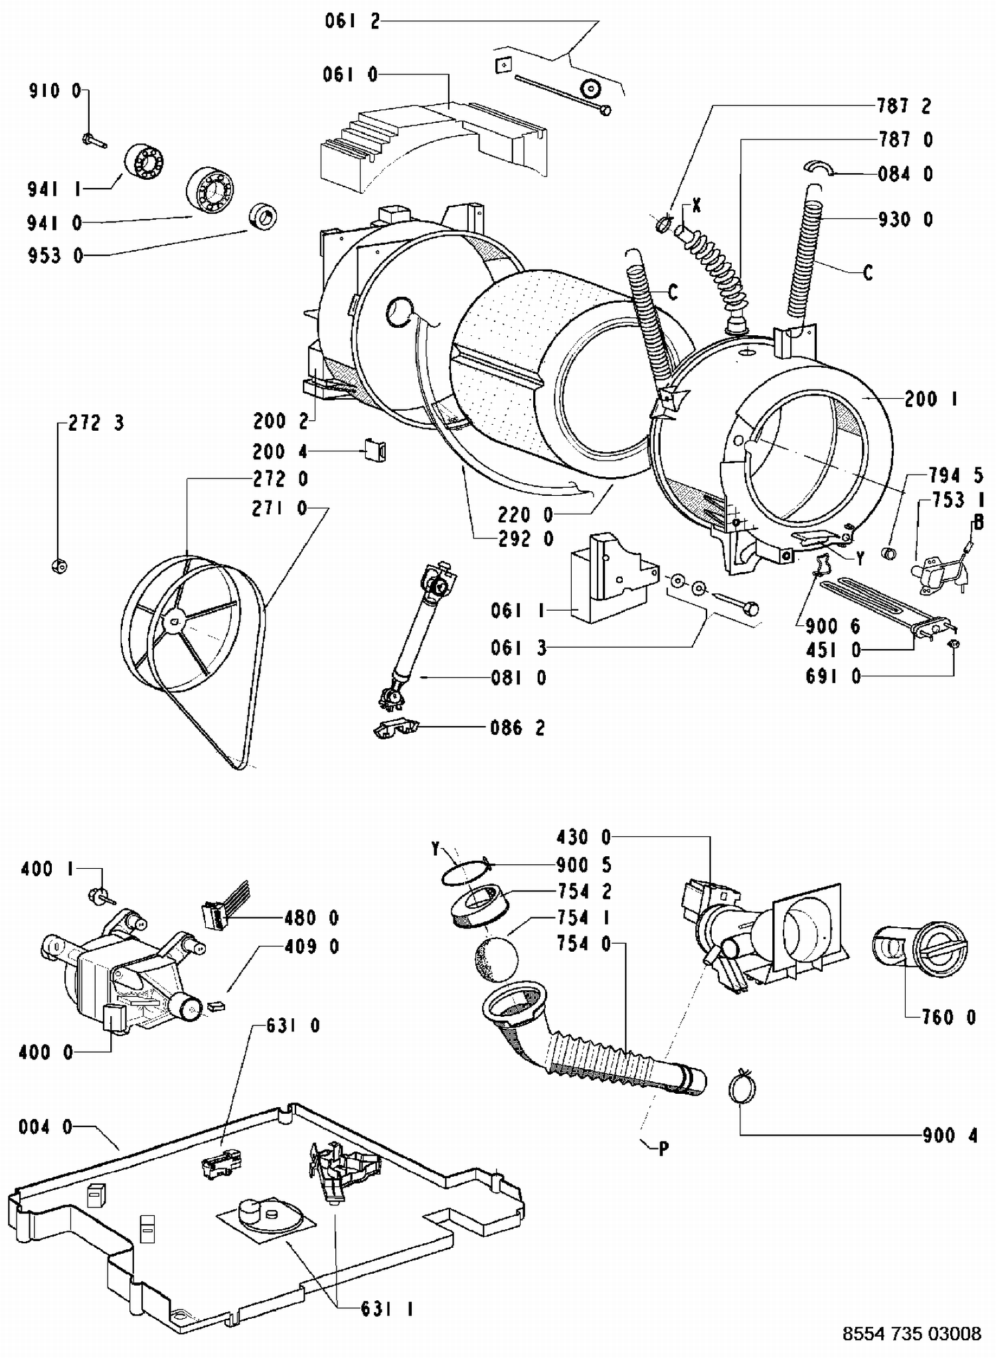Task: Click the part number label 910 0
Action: tap(55, 90)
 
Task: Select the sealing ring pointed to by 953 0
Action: tap(263, 216)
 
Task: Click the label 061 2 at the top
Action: tap(352, 21)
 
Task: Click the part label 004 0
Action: tap(45, 1126)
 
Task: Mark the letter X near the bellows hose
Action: tap(697, 206)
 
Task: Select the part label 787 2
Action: tap(904, 106)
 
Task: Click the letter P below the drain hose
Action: tap(663, 1148)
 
